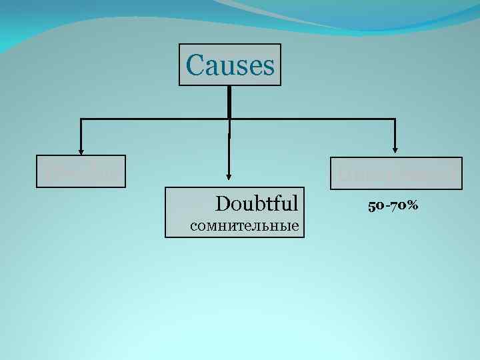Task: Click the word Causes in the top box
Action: coord(230,65)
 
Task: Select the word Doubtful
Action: coord(256,202)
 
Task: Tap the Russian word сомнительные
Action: coord(243,225)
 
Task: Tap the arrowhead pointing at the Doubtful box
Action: coord(229,177)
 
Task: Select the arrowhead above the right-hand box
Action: coord(396,149)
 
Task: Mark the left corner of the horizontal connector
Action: coord(81,119)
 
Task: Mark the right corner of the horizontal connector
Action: coord(396,119)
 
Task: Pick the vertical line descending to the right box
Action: coord(396,133)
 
